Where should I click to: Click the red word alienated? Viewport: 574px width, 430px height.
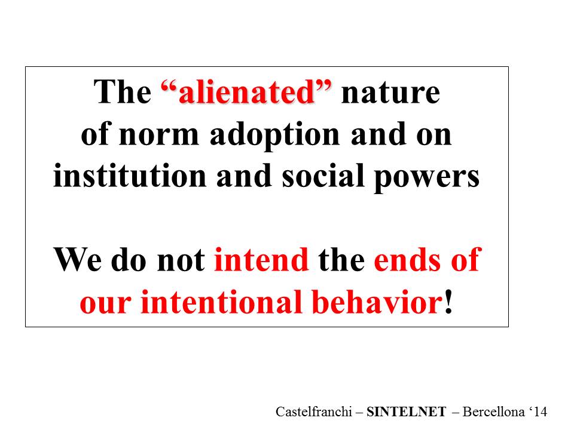click(246, 92)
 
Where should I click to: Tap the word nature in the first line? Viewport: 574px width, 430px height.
click(390, 94)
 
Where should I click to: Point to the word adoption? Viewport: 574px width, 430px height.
click(274, 136)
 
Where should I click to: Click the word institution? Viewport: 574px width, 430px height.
click(130, 176)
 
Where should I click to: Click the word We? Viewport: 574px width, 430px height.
click(78, 260)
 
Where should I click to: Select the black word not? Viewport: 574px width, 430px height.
click(181, 261)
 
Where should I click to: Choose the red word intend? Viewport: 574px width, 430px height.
click(262, 260)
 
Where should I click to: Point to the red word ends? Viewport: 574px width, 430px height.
click(407, 260)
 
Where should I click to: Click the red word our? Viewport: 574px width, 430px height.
click(105, 304)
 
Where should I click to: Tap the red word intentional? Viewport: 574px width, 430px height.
click(221, 302)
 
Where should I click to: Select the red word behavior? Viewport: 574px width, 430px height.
click(377, 301)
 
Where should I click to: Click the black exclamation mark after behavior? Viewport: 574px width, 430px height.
click(448, 302)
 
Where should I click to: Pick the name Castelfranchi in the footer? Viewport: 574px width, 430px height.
click(314, 411)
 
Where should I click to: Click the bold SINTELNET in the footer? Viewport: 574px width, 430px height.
click(407, 411)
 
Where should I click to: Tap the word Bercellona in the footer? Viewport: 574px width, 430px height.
click(493, 411)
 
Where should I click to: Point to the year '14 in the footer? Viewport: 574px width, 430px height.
click(538, 411)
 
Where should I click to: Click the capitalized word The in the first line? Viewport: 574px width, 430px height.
click(123, 92)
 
